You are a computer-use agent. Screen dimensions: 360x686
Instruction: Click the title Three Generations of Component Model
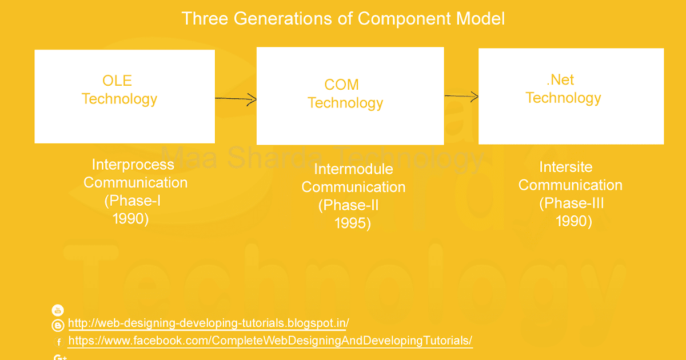click(x=343, y=19)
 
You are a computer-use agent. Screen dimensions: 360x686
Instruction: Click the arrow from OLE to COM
click(x=236, y=99)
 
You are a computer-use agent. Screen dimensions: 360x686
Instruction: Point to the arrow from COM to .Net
click(x=461, y=96)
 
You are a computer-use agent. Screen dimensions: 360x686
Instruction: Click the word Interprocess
click(x=133, y=165)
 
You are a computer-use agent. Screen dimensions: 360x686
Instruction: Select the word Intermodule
click(x=353, y=169)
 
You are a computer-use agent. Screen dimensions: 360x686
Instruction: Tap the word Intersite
click(x=565, y=167)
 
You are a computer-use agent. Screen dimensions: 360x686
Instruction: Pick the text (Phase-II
click(x=349, y=205)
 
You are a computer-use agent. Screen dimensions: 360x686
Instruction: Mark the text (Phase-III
click(x=571, y=203)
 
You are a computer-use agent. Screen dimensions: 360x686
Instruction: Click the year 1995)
click(x=353, y=223)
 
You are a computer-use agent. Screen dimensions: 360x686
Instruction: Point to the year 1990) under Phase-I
click(x=131, y=219)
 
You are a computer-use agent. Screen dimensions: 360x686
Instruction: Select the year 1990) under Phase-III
click(x=574, y=221)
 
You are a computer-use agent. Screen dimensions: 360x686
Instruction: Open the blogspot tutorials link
click(x=208, y=323)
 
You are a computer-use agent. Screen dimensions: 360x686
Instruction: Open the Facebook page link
click(x=270, y=341)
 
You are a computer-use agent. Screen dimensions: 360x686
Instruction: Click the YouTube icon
click(x=58, y=310)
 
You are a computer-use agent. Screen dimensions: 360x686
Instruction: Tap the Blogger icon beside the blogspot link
click(x=58, y=326)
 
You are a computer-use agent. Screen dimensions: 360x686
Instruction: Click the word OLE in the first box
click(x=117, y=81)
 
